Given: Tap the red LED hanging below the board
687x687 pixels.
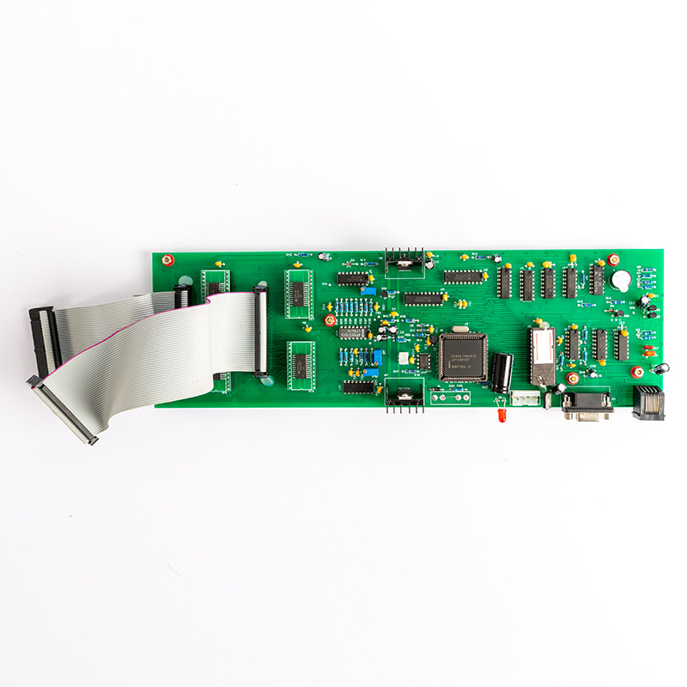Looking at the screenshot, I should pyautogui.click(x=498, y=416).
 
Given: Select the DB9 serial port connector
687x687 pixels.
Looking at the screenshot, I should pyautogui.click(x=587, y=404).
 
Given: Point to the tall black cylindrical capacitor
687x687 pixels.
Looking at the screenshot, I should pyautogui.click(x=502, y=373).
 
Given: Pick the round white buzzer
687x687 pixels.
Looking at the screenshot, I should pyautogui.click(x=621, y=281).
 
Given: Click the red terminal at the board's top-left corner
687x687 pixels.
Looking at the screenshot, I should pyautogui.click(x=168, y=258).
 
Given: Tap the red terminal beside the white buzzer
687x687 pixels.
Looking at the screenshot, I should pyautogui.click(x=613, y=259).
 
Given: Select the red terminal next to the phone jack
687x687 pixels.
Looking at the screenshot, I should pyautogui.click(x=637, y=372).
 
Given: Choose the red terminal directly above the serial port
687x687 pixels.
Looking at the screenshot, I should pyautogui.click(x=573, y=378).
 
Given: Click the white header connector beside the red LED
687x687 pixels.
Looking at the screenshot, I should pyautogui.click(x=525, y=398).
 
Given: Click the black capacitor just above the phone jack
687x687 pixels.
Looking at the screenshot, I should pyautogui.click(x=661, y=368).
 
